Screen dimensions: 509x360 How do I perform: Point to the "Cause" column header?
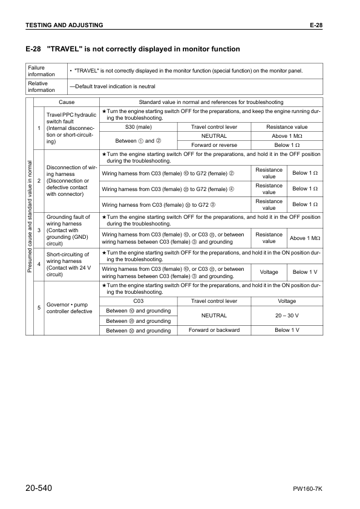coord(67,102)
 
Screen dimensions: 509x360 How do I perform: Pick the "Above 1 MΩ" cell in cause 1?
coord(287,136)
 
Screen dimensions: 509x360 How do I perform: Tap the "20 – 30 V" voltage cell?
coord(287,316)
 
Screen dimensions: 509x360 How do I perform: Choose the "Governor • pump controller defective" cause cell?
coord(69,308)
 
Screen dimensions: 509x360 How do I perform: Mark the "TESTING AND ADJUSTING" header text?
coord(64,25)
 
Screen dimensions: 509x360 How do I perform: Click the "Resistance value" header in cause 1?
coord(287,127)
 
